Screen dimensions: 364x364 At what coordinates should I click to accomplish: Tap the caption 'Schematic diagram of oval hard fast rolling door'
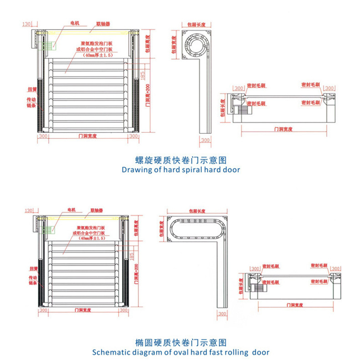(181, 352)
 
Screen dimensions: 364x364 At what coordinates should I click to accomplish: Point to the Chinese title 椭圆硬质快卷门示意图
(181, 343)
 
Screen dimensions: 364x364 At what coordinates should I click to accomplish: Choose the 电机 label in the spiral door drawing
(74, 22)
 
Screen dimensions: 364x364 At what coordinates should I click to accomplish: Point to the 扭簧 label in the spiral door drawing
(32, 90)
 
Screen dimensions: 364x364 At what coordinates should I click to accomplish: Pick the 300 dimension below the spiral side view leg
(206, 140)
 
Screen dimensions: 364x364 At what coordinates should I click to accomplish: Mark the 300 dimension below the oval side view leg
(222, 314)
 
